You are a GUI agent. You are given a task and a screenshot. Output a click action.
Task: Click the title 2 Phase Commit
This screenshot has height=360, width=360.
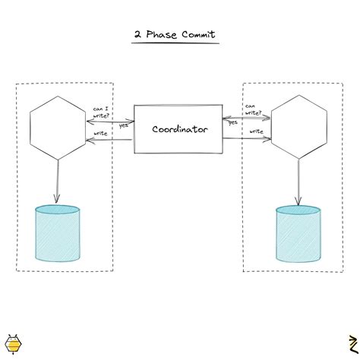point(175,35)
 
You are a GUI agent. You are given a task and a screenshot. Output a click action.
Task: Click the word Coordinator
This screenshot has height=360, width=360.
point(179,130)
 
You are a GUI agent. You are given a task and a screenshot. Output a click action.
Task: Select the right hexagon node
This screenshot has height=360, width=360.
point(299,129)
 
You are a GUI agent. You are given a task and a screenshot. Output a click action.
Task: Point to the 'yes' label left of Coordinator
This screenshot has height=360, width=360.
point(123,125)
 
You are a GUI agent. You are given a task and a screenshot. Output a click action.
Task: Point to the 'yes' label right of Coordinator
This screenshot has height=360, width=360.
point(233,122)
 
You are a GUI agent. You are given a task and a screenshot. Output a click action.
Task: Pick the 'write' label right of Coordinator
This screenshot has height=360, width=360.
point(256,131)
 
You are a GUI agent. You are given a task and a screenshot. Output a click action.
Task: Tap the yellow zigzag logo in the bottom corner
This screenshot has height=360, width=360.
point(351,344)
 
